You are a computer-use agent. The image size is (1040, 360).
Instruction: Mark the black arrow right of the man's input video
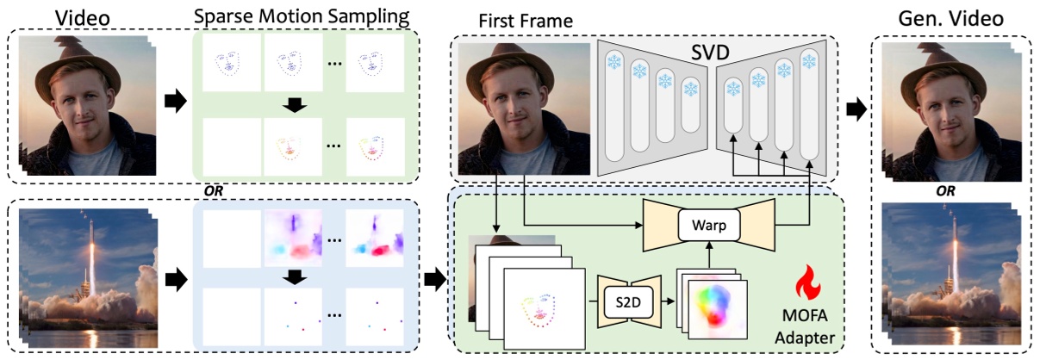175,102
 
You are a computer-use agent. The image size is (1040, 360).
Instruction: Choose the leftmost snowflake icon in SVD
615,61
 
